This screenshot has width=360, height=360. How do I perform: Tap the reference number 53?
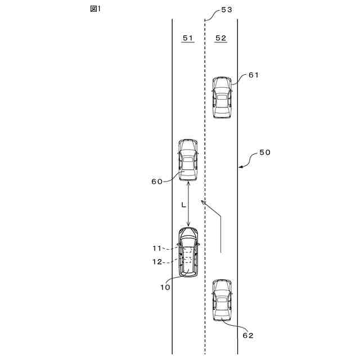pos(227,10)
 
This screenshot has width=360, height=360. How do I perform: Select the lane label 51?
pos(188,38)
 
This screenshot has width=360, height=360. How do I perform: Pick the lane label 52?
pos(220,38)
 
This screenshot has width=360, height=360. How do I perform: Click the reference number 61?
pos(253,75)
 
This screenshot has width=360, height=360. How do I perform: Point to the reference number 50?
pos(264,152)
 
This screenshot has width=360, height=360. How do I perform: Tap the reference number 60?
pos(156,181)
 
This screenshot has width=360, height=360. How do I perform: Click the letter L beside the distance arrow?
pos(183,206)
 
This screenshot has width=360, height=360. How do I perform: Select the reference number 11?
pos(157,247)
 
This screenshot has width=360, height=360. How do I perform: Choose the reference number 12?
pos(157,262)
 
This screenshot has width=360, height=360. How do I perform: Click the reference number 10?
pos(165,287)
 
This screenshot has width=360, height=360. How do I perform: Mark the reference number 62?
pos(248,335)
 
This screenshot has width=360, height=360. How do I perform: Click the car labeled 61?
pos(222,97)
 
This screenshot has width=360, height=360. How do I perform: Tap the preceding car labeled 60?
pos(188,160)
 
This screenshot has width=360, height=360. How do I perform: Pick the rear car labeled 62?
pos(222,300)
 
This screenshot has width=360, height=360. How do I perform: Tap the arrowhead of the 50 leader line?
pos(240,166)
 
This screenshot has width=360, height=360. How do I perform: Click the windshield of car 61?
pos(222,89)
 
